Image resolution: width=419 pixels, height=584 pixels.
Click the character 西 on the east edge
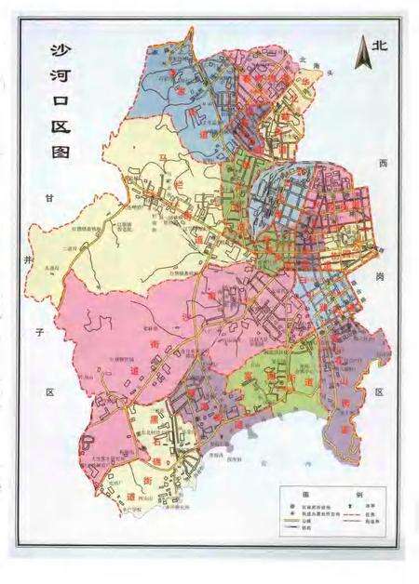point(381,163)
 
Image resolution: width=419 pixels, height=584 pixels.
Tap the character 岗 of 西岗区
point(381,276)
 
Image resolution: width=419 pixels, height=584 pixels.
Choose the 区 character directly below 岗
point(380,392)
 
